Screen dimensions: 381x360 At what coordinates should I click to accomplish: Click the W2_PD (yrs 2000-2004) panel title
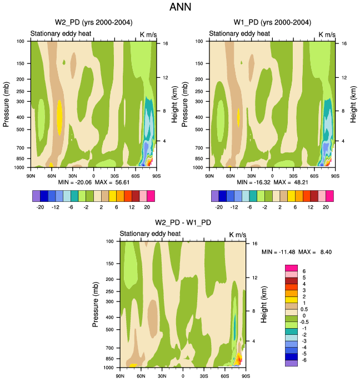tap(93, 22)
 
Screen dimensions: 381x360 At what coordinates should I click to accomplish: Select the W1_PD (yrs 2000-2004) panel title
tap(272, 22)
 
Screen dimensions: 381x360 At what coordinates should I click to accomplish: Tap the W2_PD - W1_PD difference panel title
tap(183, 223)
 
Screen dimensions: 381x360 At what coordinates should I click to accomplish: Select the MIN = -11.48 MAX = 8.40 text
tap(297, 252)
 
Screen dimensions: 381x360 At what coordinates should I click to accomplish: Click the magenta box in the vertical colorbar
tap(291, 270)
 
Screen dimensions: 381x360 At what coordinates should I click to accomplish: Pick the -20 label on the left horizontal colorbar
tap(40, 205)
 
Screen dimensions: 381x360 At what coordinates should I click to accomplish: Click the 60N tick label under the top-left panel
tap(51, 175)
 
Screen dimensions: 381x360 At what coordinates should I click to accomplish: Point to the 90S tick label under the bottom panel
tap(246, 375)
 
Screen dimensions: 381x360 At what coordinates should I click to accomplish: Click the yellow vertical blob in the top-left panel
tap(59, 117)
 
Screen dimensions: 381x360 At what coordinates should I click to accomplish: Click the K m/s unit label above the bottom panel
tap(237, 235)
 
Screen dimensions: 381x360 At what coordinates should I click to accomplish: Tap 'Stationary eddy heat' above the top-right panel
tap(239, 34)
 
